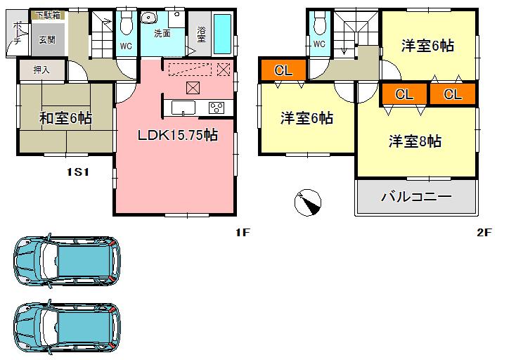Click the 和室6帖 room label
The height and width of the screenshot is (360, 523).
[65, 118]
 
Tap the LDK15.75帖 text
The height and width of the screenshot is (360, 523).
[177, 136]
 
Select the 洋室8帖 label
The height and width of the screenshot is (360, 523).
[415, 141]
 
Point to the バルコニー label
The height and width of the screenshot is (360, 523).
[416, 196]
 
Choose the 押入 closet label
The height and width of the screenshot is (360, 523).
[41, 70]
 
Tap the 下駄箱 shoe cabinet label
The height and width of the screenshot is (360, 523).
[48, 15]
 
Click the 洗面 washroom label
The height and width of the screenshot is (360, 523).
[162, 33]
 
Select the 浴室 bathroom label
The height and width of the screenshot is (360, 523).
[201, 34]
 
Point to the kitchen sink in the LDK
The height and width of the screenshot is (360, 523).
[184, 108]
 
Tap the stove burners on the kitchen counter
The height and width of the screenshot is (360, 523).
[217, 108]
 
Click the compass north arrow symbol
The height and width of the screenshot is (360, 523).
[307, 202]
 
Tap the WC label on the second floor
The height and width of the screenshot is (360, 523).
[318, 44]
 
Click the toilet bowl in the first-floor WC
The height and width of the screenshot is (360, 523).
[127, 25]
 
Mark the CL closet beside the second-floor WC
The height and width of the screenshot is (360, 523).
[283, 70]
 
